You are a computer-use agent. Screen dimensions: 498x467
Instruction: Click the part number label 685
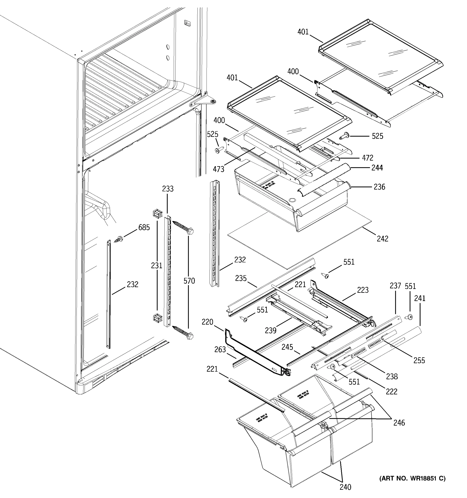144,227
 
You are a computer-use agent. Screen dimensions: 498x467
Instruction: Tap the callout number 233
168,189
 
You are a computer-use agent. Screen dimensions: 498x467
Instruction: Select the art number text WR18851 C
412,478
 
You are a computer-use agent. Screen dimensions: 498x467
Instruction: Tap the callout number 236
379,187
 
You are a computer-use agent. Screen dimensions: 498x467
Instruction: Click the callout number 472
368,158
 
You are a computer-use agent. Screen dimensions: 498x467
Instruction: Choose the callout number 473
219,169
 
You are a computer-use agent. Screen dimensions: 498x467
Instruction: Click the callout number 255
419,360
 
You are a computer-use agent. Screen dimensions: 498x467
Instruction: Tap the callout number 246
399,423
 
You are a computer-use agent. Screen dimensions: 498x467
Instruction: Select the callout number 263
220,349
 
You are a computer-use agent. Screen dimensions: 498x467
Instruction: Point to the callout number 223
363,290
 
